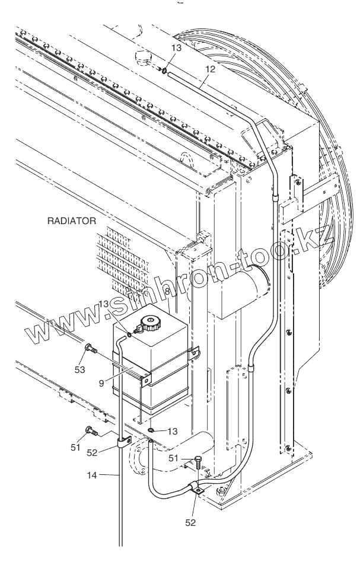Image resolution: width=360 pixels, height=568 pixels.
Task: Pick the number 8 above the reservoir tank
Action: (x=168, y=292)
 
